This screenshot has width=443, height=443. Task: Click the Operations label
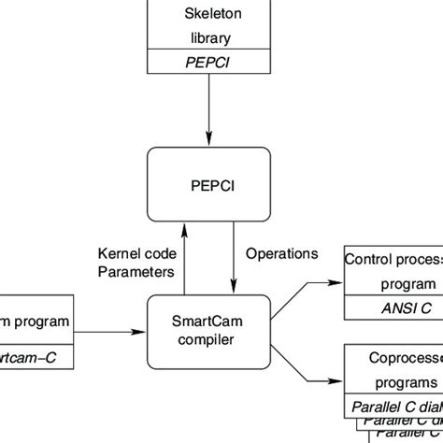tap(281, 253)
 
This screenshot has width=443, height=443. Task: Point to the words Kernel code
tap(136, 254)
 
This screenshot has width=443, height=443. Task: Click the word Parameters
tap(136, 272)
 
